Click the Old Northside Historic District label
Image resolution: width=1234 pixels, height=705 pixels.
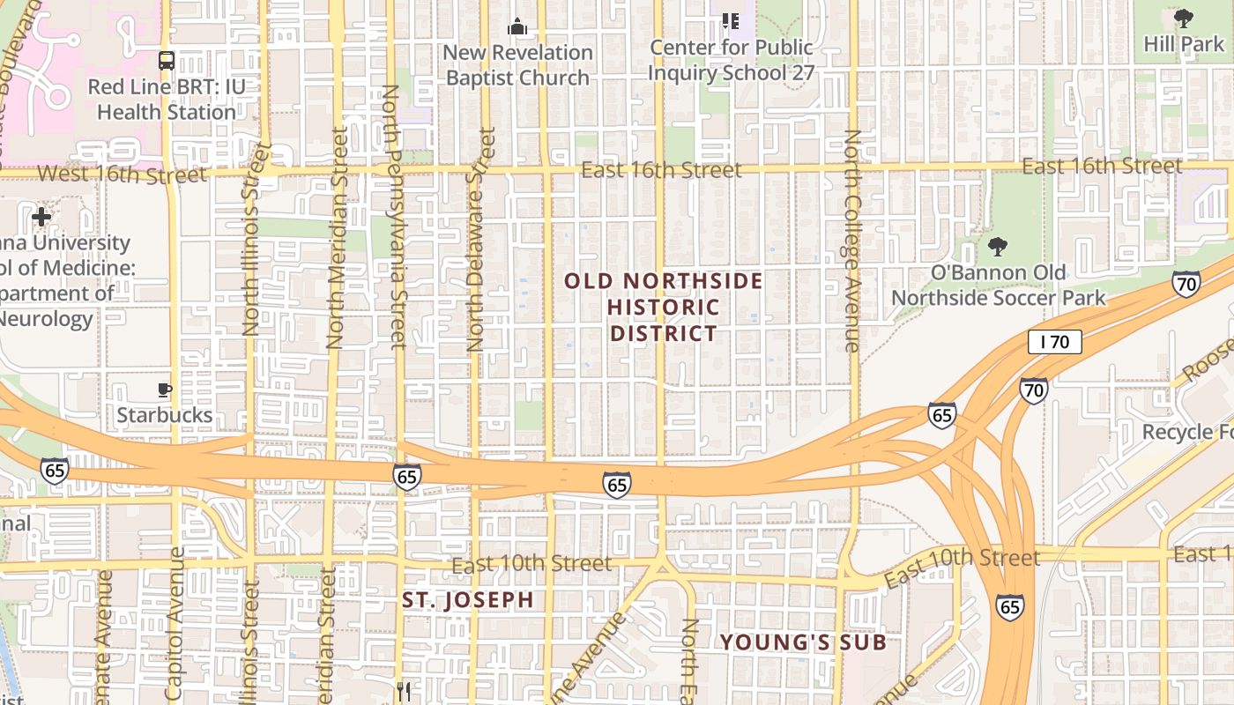663,307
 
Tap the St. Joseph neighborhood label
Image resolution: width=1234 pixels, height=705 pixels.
468,600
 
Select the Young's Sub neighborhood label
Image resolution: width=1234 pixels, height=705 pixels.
803,642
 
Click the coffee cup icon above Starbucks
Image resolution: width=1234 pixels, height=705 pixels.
164,390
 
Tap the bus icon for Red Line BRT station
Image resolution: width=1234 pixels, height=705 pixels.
166,61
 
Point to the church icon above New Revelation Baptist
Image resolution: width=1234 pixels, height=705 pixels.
517,26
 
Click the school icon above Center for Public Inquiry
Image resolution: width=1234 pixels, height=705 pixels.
730,20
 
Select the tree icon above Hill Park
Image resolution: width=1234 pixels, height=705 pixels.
1184,19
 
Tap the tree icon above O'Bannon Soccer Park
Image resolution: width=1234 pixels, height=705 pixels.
998,247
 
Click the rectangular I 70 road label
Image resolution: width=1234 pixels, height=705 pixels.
1054,342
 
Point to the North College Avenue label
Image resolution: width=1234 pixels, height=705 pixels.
852,241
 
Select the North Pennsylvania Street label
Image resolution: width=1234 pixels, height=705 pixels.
392,216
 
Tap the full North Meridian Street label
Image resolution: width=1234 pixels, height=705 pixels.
336,238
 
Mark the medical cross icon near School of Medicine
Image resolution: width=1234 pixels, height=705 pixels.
41,216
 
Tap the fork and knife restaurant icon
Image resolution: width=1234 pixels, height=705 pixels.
404,691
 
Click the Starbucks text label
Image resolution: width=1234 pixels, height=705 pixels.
165,414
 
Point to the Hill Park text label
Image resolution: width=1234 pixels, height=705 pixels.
1184,43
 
